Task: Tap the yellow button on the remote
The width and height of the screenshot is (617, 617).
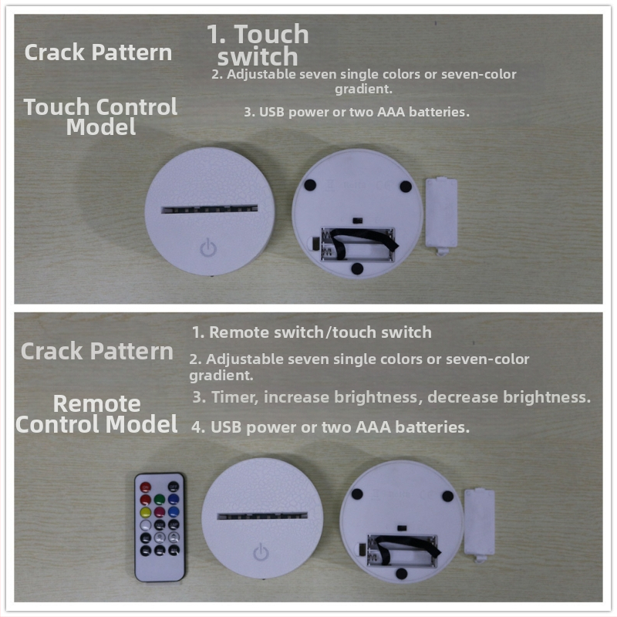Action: click(x=146, y=512)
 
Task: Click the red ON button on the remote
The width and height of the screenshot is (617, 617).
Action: click(x=146, y=487)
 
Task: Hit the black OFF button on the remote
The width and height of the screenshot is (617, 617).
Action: click(x=174, y=487)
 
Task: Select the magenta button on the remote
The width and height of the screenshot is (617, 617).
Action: click(x=160, y=512)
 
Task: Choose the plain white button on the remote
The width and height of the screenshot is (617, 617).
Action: click(x=146, y=525)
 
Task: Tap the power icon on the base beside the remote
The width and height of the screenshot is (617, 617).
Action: click(x=261, y=551)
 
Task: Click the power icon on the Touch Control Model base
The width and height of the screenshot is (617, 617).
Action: click(x=208, y=247)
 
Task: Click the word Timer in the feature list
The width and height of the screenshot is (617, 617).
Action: click(x=234, y=397)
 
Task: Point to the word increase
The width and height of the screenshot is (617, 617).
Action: click(x=296, y=397)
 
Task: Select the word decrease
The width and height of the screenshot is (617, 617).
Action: click(x=462, y=397)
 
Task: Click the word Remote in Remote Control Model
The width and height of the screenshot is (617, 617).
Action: click(x=97, y=403)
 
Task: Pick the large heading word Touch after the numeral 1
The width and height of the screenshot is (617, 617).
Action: click(x=271, y=34)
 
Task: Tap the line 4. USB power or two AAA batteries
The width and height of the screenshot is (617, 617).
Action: click(x=331, y=427)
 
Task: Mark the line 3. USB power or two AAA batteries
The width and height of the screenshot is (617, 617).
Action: click(x=356, y=112)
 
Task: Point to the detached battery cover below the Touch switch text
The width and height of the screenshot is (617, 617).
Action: click(x=441, y=216)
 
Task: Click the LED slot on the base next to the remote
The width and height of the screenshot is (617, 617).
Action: click(x=262, y=515)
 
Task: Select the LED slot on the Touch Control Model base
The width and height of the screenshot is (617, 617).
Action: click(x=210, y=209)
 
